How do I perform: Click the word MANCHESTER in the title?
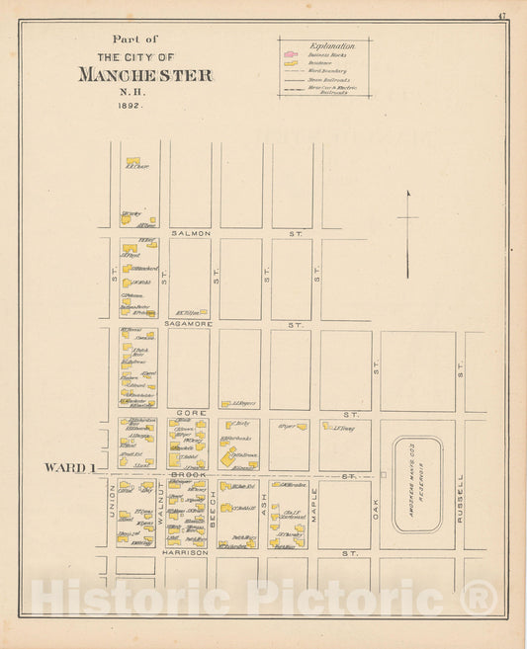144,76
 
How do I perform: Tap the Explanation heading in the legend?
325,46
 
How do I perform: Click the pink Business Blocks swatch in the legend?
291,55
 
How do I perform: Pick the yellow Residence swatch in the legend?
291,63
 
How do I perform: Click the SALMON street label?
191,233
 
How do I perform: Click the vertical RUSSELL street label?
460,499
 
